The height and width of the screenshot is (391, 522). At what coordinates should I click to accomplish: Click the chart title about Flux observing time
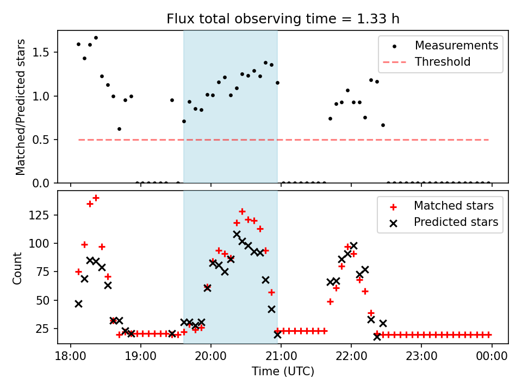283,19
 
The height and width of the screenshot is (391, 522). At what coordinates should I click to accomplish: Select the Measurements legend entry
456,46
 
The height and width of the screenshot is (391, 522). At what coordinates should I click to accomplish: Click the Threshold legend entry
443,62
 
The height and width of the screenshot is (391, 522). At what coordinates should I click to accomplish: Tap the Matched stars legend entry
453,206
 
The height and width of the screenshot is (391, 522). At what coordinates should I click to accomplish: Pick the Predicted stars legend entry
456,222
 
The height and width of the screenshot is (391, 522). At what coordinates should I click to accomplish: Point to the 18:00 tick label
71,356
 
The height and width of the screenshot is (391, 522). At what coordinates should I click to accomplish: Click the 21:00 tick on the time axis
281,356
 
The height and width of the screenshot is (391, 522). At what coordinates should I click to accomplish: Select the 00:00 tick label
492,356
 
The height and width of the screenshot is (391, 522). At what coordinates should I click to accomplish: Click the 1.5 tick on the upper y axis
43,53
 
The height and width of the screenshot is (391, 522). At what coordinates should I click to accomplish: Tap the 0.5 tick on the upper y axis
43,140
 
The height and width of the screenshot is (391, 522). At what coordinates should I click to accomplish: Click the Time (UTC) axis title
283,371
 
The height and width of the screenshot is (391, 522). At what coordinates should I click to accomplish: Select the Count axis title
18,267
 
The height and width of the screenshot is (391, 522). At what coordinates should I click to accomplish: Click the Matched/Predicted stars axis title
21,107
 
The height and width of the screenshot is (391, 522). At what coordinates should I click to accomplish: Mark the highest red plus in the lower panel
96,198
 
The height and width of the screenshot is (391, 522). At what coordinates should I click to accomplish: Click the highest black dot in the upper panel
96,38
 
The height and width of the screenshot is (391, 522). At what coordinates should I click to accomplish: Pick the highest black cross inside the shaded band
237,235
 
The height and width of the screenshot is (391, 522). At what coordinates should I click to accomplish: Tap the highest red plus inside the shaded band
243,211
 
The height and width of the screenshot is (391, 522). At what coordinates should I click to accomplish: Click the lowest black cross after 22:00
377,337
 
